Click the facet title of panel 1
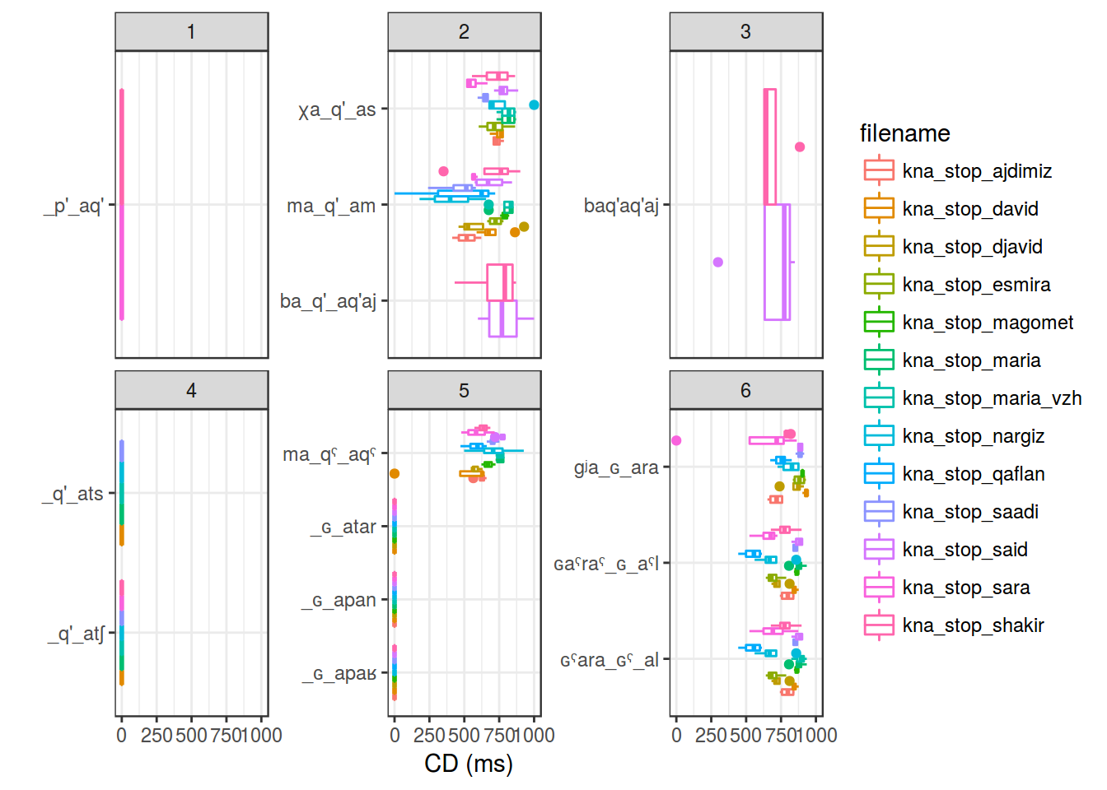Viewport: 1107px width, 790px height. pos(191,32)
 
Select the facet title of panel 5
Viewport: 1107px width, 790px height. pos(464,391)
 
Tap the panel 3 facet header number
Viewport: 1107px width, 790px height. pos(745,32)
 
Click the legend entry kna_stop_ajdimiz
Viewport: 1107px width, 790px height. pos(977,171)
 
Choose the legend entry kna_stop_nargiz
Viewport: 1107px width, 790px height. pos(973,436)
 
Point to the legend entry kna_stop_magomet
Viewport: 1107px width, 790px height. pos(988,323)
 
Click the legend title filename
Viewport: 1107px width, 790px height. pos(904,133)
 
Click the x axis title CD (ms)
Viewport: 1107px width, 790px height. pos(468,764)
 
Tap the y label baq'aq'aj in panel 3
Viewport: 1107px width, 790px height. pos(621,206)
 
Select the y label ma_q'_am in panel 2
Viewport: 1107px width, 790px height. pos(331,206)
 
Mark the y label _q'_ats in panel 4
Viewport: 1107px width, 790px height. pos(73,494)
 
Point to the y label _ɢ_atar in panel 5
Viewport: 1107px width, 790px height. pos(343,527)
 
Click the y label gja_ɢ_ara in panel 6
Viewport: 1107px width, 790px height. pos(616,468)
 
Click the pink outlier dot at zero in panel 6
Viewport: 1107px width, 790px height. pos(676,440)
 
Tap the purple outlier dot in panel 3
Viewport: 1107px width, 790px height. pos(717,262)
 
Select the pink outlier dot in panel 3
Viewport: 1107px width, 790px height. pos(799,147)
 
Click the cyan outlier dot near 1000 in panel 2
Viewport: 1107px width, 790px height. pos(534,105)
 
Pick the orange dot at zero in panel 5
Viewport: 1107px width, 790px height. pos(395,473)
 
